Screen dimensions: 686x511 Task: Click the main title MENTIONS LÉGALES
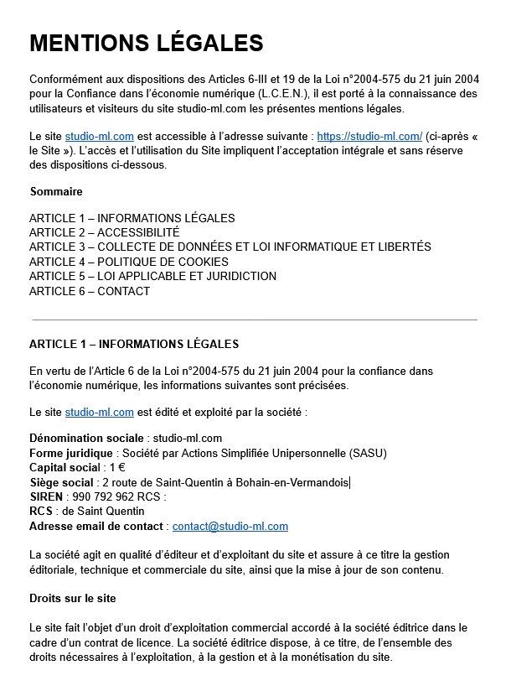coord(147,43)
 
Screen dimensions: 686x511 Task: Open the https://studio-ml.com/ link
coord(369,136)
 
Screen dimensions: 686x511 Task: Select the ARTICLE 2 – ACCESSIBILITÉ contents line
coord(104,232)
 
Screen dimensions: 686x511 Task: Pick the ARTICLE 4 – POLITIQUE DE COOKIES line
coord(128,262)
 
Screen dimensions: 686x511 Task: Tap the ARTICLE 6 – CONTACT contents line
coord(90,291)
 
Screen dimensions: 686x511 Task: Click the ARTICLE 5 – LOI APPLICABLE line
coord(152,276)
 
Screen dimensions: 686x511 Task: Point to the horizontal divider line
coord(255,320)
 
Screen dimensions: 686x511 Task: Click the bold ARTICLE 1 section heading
coord(134,344)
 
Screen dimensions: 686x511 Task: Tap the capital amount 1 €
coord(117,467)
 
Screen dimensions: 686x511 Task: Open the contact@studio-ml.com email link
coord(230,527)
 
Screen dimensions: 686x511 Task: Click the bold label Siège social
coord(61,482)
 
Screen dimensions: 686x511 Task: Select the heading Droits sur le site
coord(72,599)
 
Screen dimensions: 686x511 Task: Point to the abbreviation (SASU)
coord(363,453)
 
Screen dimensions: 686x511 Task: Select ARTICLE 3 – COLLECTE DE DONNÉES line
coord(230,247)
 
